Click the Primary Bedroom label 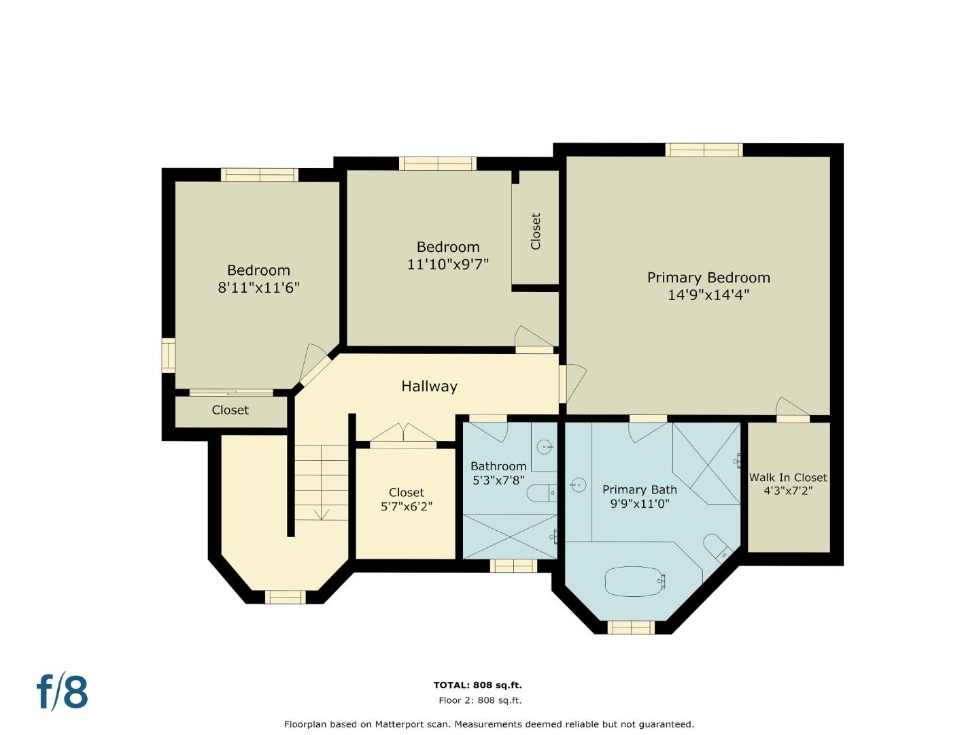coord(708,278)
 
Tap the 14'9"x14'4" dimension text coord(708,295)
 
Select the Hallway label coord(429,386)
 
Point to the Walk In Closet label coord(788,478)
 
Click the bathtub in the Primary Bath coord(635,581)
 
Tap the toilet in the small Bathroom coord(541,493)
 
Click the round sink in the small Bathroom coord(545,446)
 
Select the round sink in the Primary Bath coord(578,485)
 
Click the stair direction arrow coord(321,514)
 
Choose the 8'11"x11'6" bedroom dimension coord(258,288)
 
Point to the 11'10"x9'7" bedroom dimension coord(448,264)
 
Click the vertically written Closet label coord(536,231)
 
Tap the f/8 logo coord(62,691)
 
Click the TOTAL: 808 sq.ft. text coord(478,685)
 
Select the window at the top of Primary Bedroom coord(704,150)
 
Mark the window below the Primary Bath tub coord(631,628)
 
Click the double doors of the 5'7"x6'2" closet coord(403,434)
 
